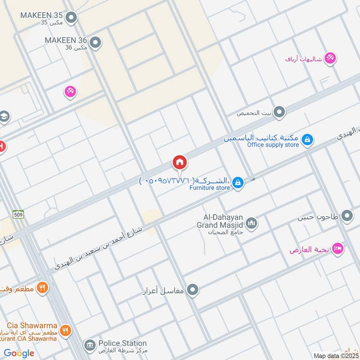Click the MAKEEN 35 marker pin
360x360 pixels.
[x=71, y=18]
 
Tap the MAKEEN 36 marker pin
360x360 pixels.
[x=95, y=43]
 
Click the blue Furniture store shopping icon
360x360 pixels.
[x=238, y=182]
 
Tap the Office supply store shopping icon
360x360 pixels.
[x=307, y=139]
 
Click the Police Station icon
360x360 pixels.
[x=89, y=346]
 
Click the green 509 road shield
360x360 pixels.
[x=18, y=214]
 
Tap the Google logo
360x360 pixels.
[x=19, y=353]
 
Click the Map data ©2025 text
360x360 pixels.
[x=336, y=355]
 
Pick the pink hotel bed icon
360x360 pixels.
[x=338, y=249]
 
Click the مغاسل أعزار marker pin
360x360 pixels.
[x=193, y=290]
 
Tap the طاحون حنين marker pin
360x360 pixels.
[x=347, y=216]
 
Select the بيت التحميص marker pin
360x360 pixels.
[x=279, y=112]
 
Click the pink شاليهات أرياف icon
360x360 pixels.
[x=331, y=58]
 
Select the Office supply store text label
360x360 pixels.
[x=273, y=145]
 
